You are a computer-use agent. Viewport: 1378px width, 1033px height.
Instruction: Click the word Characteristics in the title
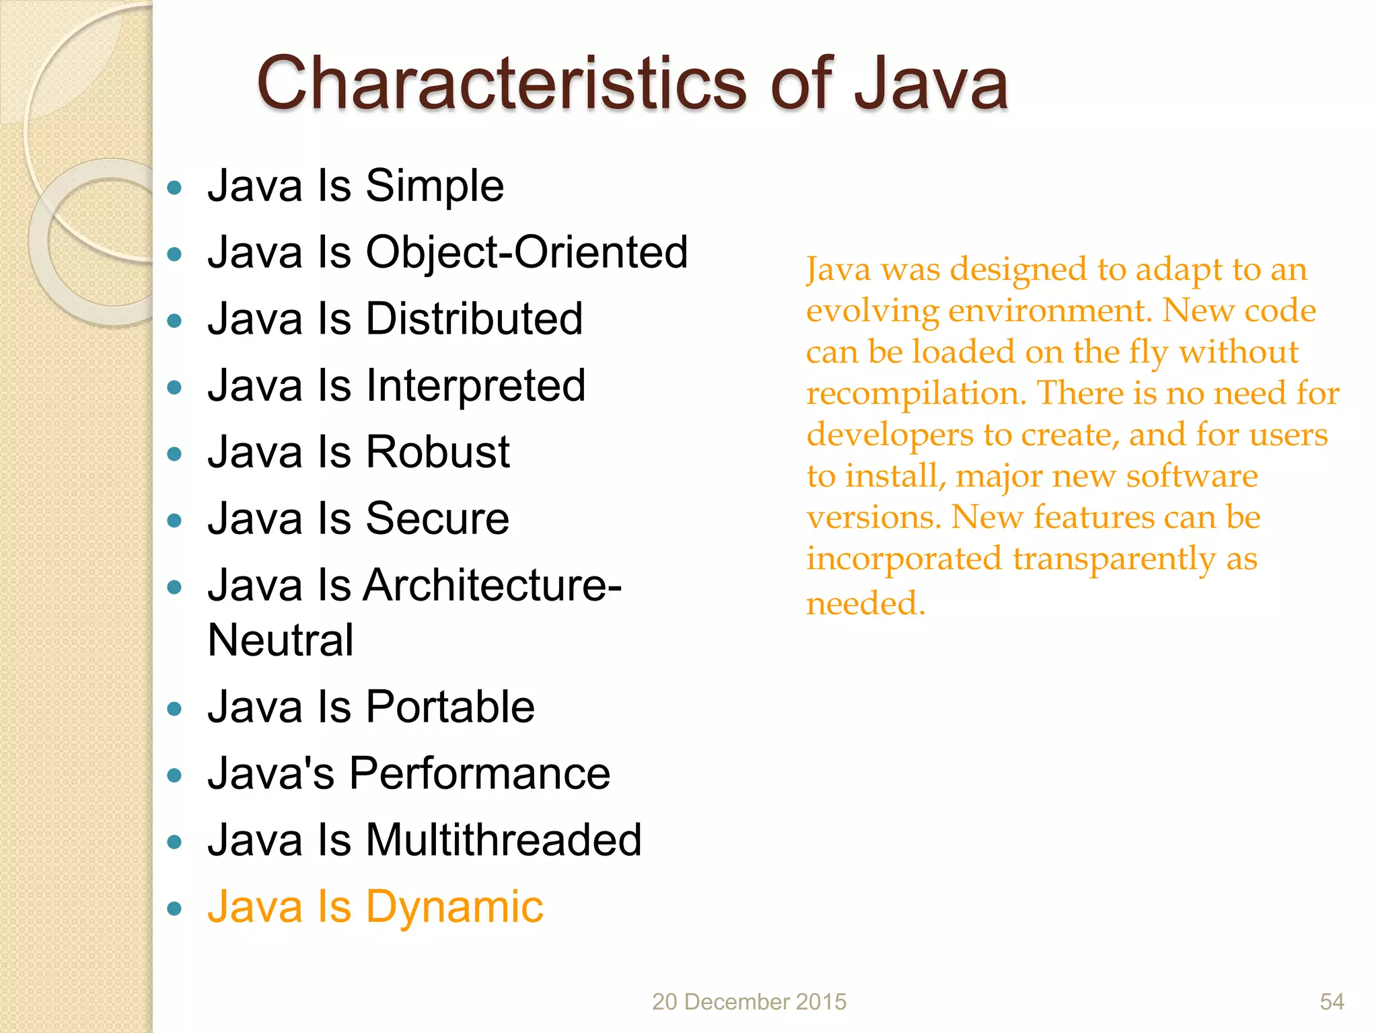click(x=501, y=84)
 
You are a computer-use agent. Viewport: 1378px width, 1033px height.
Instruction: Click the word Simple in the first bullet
click(x=435, y=186)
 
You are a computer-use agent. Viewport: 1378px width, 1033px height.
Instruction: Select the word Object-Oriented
click(x=526, y=253)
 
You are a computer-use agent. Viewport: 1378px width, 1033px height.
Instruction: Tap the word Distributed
click(x=474, y=319)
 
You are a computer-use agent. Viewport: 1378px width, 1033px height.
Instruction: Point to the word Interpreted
click(x=475, y=386)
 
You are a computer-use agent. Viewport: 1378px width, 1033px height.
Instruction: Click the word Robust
click(x=437, y=452)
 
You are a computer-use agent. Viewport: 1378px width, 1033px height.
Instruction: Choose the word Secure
click(x=437, y=519)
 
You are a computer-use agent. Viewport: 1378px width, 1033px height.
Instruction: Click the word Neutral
click(x=281, y=640)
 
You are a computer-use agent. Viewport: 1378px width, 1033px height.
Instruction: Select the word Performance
click(x=479, y=773)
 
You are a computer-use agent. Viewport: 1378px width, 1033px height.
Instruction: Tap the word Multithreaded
click(x=503, y=841)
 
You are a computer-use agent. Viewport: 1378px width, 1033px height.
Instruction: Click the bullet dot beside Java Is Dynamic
click(x=175, y=909)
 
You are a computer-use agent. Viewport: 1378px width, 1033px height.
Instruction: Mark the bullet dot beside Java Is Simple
click(x=175, y=188)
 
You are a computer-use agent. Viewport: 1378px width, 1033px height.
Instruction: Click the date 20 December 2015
click(x=749, y=1001)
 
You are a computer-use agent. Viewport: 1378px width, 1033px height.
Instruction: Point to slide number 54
click(x=1332, y=1001)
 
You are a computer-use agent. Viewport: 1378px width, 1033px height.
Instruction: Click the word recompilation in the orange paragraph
click(x=916, y=394)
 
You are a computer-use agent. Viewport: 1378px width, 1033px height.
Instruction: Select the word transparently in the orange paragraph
click(x=1114, y=560)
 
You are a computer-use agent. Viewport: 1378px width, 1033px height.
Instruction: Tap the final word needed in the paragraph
click(x=865, y=603)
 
